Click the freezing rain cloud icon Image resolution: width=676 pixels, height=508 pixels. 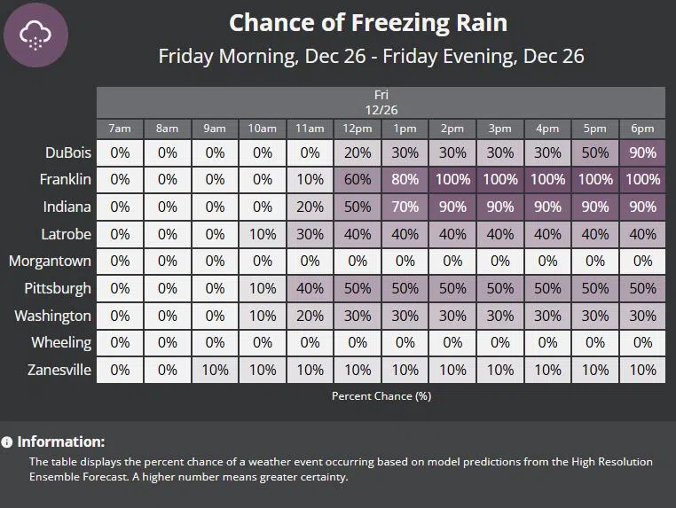point(35,35)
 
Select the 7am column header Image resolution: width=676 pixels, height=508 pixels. point(120,129)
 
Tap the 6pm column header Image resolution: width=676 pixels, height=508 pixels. point(642,129)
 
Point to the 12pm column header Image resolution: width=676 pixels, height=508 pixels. point(358,129)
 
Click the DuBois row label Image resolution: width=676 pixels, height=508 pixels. point(67,152)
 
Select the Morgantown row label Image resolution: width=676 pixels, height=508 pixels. point(51,261)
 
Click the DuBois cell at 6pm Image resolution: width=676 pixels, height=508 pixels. point(642,152)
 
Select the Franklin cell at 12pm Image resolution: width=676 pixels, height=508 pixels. point(358,179)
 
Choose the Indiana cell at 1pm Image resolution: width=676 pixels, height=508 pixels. point(405,207)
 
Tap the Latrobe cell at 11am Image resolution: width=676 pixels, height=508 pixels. point(310,234)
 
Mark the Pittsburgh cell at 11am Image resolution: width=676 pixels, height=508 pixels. point(310,288)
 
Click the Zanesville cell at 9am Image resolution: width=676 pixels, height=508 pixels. point(215,370)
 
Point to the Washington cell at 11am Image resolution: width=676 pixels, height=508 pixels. point(310,316)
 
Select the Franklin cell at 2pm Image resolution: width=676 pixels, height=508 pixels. point(452,179)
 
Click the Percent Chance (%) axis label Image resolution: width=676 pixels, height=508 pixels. point(381,395)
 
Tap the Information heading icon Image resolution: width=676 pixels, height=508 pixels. point(7,442)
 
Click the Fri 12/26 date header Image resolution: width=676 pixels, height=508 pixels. point(381,101)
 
